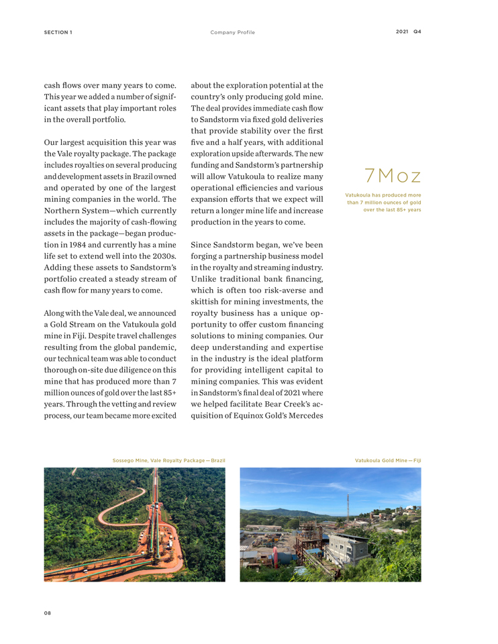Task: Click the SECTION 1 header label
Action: tap(58, 32)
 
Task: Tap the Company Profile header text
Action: tap(232, 32)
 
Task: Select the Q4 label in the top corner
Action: tap(417, 32)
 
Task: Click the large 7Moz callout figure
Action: tap(393, 176)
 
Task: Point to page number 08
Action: tap(48, 612)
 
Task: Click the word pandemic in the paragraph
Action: tap(160, 347)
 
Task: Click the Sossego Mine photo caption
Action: tap(168, 460)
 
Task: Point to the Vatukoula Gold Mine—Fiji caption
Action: tap(388, 460)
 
